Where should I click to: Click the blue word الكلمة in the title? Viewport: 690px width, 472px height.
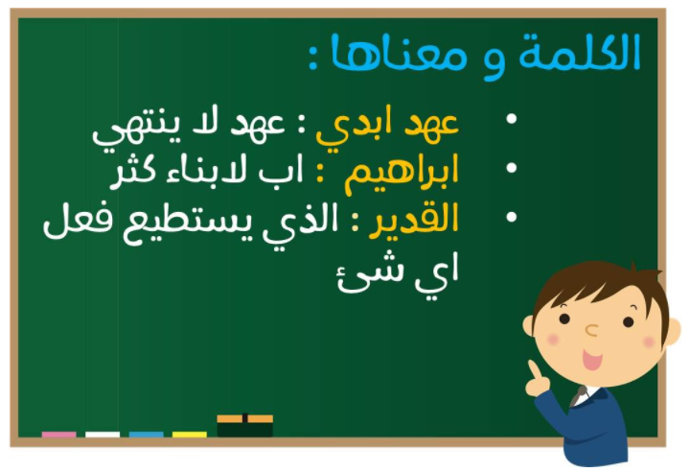pyautogui.click(x=580, y=53)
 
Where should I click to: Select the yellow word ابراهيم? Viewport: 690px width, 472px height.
pyautogui.click(x=402, y=174)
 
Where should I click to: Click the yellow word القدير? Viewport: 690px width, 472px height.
pyautogui.click(x=414, y=221)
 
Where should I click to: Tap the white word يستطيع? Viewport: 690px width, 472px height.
pyautogui.click(x=193, y=224)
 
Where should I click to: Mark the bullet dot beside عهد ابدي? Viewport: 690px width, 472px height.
pyautogui.click(x=512, y=119)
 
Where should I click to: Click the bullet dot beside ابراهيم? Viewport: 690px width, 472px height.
pyautogui.click(x=512, y=168)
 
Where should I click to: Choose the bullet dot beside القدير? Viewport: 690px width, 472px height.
pyautogui.click(x=512, y=217)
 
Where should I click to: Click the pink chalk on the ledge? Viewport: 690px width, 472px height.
pyautogui.click(x=59, y=435)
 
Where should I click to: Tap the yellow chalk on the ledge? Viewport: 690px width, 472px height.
pyautogui.click(x=189, y=435)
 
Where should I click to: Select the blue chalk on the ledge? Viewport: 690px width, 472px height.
pyautogui.click(x=146, y=435)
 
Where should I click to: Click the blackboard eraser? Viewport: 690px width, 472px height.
pyautogui.click(x=245, y=425)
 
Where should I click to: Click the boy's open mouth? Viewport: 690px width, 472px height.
pyautogui.click(x=592, y=359)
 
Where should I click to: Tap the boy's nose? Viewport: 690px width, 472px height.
pyautogui.click(x=592, y=330)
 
